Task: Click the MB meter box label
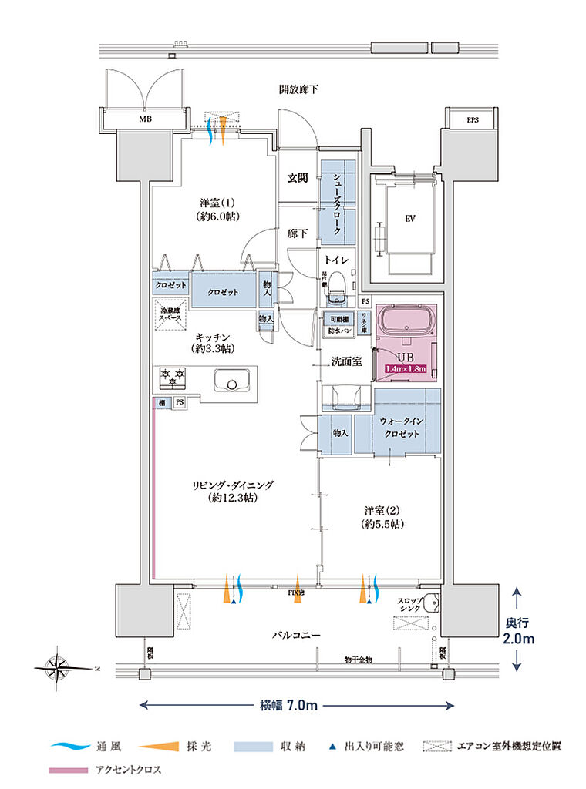(145, 120)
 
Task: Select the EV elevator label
(409, 218)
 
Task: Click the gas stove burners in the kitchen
(172, 377)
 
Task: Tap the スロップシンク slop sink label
(409, 605)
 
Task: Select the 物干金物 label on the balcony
(358, 660)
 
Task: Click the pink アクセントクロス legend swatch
(68, 770)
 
